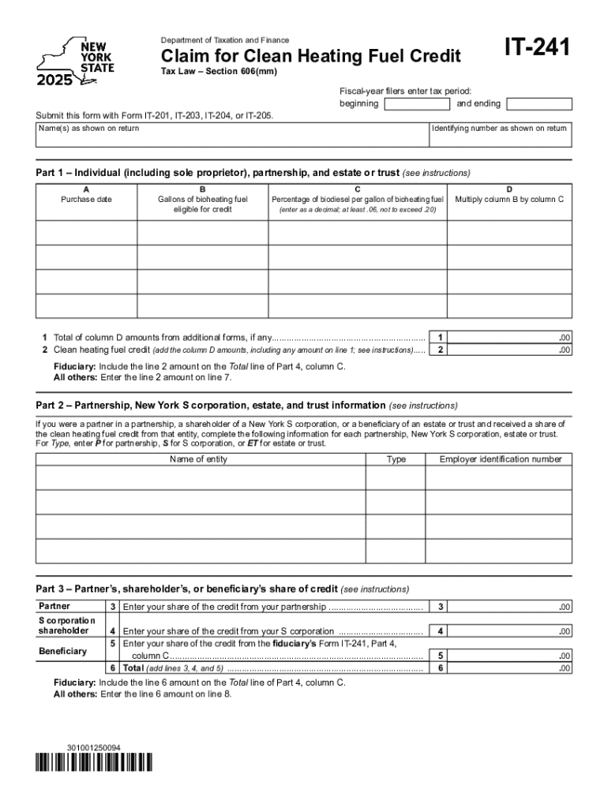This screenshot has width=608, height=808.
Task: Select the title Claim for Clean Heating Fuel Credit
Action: [x=310, y=57]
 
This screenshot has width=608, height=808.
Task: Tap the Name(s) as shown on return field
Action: [x=231, y=135]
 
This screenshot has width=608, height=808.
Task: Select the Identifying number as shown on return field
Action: [x=499, y=135]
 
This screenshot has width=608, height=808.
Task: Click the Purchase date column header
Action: [x=86, y=199]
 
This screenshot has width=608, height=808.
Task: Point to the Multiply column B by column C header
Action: [x=509, y=199]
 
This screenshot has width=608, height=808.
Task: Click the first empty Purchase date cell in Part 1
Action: [x=86, y=233]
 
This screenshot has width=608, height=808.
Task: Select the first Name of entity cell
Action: [x=200, y=478]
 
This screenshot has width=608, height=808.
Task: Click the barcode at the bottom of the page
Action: [x=94, y=762]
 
